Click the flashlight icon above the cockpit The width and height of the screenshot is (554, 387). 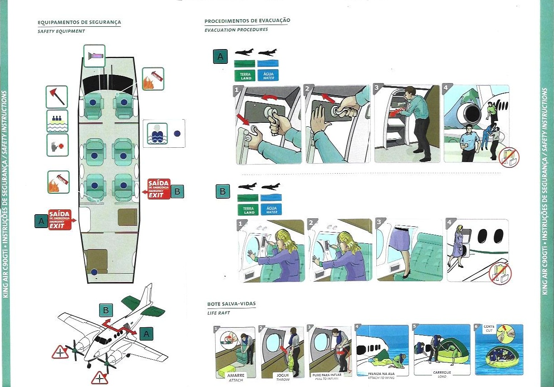point(94,56)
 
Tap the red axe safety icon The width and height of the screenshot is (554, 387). point(57,97)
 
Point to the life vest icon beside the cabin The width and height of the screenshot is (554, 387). point(157,133)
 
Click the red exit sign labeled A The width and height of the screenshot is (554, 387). point(60,220)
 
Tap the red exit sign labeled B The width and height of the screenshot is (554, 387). point(159,189)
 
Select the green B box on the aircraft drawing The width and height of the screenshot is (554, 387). point(106,310)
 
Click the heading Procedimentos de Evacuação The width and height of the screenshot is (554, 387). point(247,21)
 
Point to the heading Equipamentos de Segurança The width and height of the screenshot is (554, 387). point(79,22)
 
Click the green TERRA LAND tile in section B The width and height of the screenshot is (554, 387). point(249,209)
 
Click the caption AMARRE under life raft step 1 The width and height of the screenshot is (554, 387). point(235,376)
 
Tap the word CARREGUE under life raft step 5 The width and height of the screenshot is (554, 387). point(442,372)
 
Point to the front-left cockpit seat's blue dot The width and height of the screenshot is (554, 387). point(93,102)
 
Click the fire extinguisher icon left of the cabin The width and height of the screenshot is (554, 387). point(58,182)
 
